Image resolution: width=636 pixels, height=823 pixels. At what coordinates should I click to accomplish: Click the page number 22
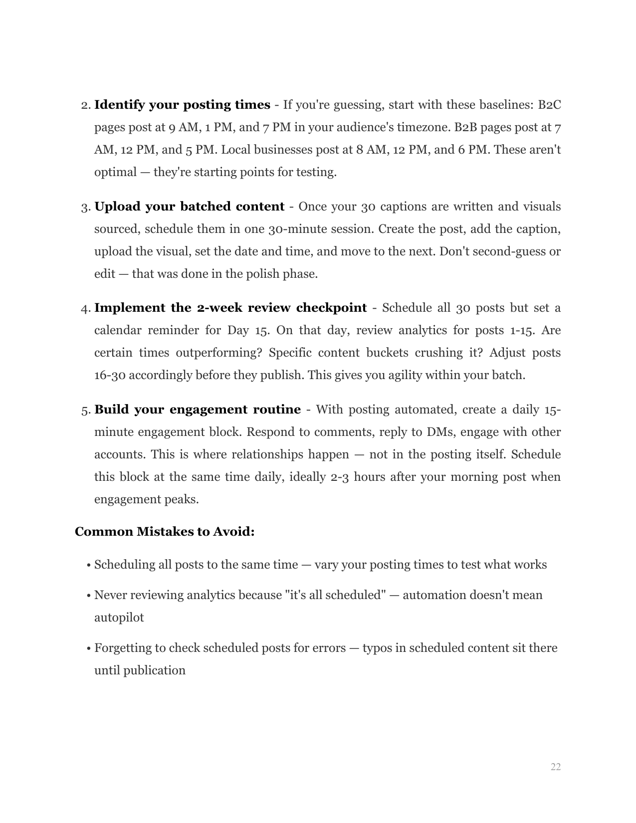click(555, 767)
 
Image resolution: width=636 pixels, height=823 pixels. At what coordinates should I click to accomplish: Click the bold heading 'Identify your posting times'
click(182, 105)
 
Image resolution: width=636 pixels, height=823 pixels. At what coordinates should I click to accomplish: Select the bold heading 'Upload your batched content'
click(189, 206)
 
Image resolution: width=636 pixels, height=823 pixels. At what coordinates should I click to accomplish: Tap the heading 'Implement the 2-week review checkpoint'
click(230, 308)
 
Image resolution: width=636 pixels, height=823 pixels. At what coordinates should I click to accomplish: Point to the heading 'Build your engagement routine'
click(198, 410)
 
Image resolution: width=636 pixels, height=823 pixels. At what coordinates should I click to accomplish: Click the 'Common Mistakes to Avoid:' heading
click(165, 532)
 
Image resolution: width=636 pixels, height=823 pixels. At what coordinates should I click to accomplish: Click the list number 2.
click(85, 105)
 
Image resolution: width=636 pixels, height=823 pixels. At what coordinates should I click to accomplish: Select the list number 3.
click(85, 207)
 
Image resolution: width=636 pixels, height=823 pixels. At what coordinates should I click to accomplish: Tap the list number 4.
click(85, 308)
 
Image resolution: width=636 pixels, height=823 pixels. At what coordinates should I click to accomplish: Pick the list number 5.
click(85, 410)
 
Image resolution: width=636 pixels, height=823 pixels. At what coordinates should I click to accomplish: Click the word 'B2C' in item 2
click(549, 105)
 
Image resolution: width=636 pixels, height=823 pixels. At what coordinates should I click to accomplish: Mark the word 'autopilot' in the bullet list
click(119, 617)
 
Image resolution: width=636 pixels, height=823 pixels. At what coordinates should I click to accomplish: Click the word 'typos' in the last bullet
click(377, 648)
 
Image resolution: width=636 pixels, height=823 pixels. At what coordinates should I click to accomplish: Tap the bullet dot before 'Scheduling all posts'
click(88, 566)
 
